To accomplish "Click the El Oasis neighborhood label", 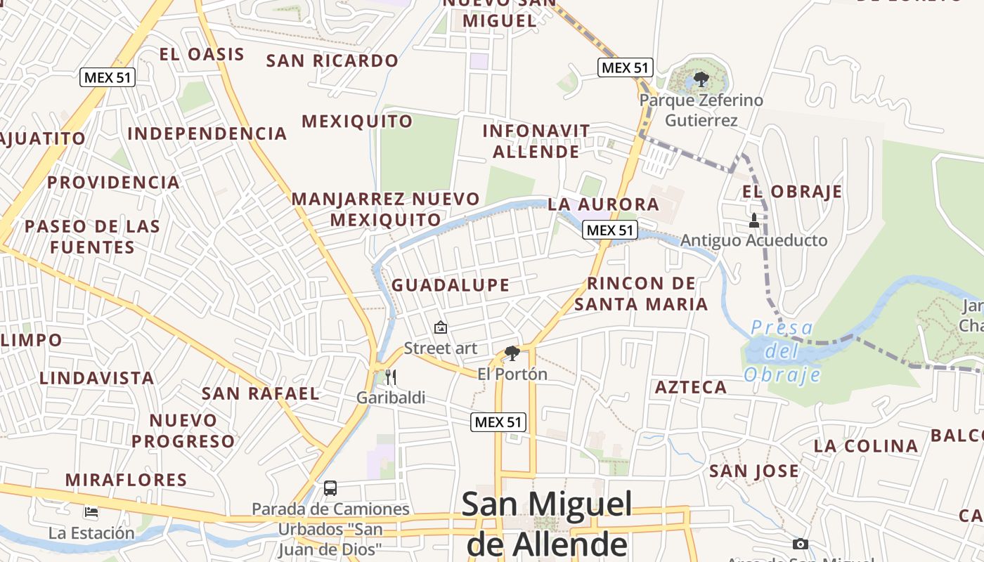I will click(x=202, y=54).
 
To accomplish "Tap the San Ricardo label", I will click(x=332, y=61).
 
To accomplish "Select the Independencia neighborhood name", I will click(x=207, y=133).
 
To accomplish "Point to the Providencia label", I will click(x=114, y=183).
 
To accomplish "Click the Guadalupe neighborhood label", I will click(x=451, y=285).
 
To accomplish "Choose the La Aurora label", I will click(x=604, y=204).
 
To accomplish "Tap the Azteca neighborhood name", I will click(x=691, y=387).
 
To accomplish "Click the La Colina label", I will click(x=866, y=446).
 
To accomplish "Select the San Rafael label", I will click(x=261, y=393).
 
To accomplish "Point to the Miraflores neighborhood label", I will click(x=127, y=481).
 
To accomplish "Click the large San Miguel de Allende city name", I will click(x=547, y=524).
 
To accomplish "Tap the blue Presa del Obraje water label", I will click(x=782, y=351).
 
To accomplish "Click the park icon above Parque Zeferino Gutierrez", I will click(x=701, y=79).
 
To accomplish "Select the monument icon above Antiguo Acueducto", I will click(x=754, y=221).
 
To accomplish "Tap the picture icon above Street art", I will click(x=441, y=327).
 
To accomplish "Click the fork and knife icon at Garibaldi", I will click(x=391, y=377).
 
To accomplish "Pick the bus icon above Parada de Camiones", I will click(x=330, y=488).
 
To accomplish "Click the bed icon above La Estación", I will click(x=91, y=512).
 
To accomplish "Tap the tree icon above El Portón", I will click(x=512, y=353).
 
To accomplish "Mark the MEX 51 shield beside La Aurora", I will click(x=609, y=230).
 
